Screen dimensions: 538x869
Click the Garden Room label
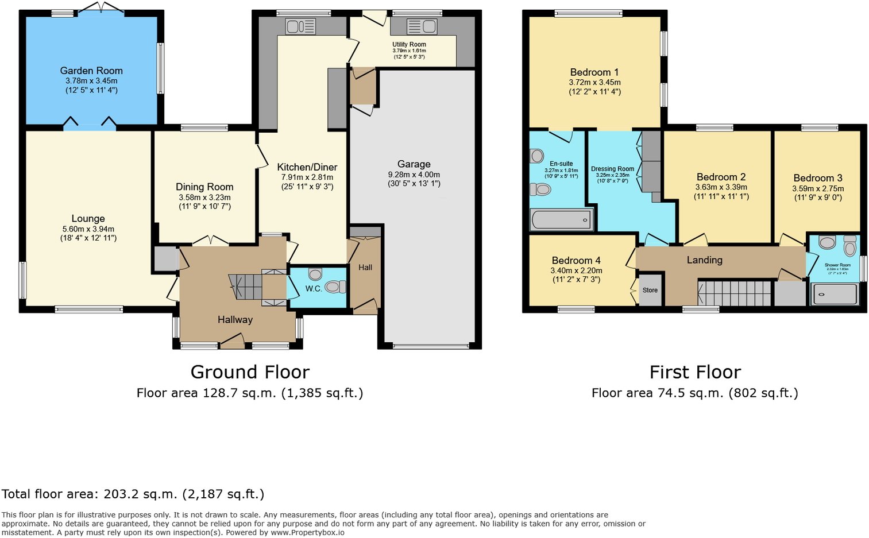click(x=91, y=71)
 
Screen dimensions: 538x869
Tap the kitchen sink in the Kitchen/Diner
click(x=300, y=26)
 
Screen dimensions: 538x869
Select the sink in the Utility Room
click(x=422, y=26)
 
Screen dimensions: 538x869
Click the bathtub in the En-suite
click(x=561, y=219)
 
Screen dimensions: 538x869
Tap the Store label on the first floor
click(x=650, y=290)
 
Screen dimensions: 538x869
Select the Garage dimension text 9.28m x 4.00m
click(x=414, y=175)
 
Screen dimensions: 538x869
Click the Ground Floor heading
click(x=250, y=372)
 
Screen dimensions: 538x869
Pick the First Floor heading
click(x=695, y=372)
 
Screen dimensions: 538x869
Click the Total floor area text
click(x=133, y=494)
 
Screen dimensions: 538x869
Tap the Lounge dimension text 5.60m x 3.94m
click(x=88, y=229)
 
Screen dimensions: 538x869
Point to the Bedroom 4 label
click(x=576, y=261)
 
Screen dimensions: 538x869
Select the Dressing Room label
click(x=612, y=169)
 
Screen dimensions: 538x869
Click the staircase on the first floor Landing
click(x=735, y=293)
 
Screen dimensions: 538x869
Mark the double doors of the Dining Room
click(x=210, y=241)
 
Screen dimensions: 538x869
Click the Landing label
click(x=705, y=260)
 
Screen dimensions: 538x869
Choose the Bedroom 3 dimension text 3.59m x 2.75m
click(x=818, y=188)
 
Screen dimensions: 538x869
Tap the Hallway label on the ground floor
click(x=235, y=320)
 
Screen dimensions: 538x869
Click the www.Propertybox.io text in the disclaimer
click(x=307, y=532)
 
